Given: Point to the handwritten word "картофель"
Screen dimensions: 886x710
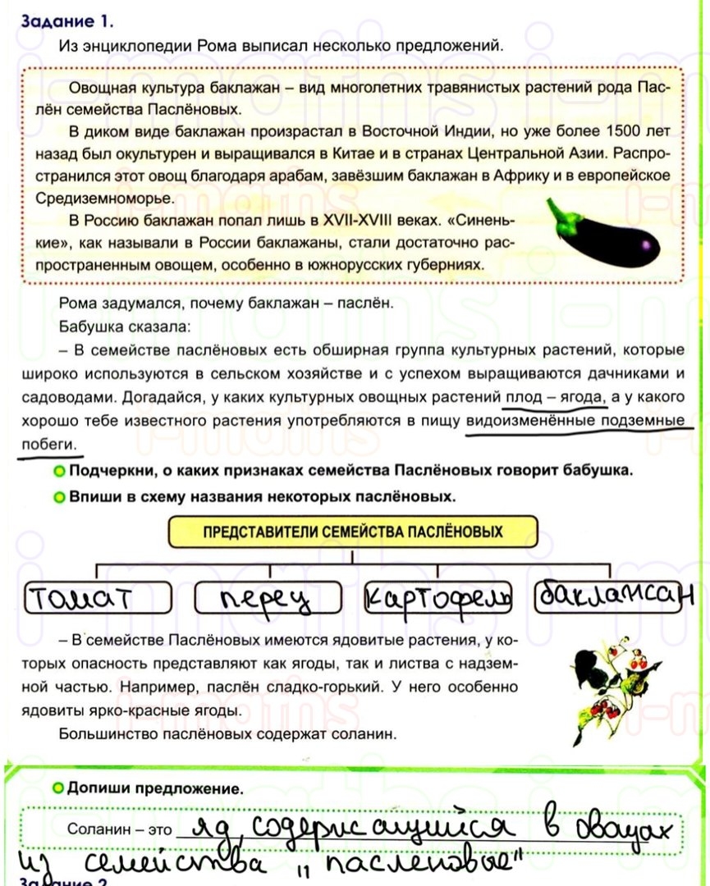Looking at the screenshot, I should pos(437,597).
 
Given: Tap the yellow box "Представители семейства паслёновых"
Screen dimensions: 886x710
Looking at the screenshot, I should pos(352,532).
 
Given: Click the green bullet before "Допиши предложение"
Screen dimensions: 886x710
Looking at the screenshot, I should pos(57,789).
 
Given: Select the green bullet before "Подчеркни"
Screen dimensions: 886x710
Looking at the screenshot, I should pos(58,472).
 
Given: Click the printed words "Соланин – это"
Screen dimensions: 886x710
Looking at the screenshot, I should pos(121,829).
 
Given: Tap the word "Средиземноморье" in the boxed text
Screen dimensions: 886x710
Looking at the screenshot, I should pos(103,199).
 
